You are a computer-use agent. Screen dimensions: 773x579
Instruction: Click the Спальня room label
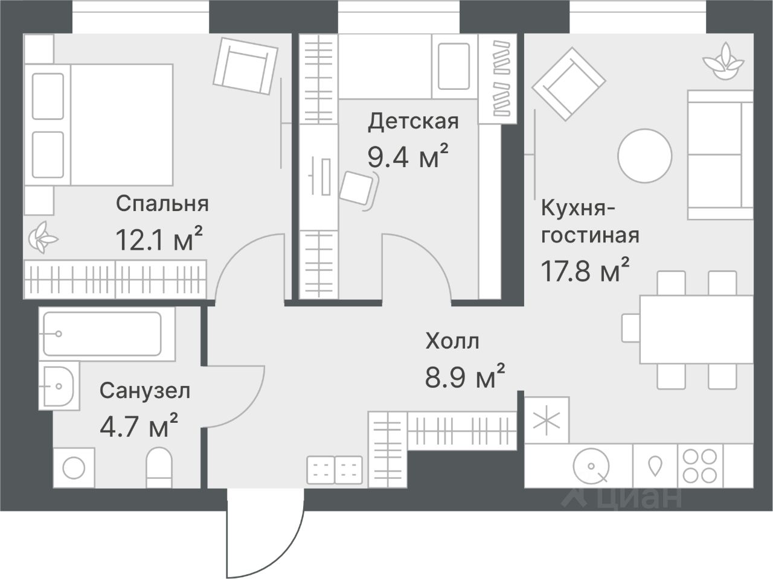(x=162, y=204)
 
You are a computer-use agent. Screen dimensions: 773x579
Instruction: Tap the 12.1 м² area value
(x=159, y=239)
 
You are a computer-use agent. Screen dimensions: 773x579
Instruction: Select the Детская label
(x=414, y=122)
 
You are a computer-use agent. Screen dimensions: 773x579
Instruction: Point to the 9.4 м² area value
(x=408, y=156)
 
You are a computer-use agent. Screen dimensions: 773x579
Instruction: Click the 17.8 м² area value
(x=585, y=270)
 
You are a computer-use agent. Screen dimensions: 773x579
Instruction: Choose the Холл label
(x=452, y=341)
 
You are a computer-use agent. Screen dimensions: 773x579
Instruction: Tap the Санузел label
(x=145, y=391)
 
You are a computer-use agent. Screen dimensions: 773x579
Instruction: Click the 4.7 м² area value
(x=139, y=425)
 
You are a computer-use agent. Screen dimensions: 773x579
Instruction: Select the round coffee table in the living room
(x=645, y=156)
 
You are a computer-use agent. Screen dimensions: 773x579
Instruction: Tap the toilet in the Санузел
(x=159, y=467)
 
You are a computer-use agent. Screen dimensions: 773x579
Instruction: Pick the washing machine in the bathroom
(x=74, y=468)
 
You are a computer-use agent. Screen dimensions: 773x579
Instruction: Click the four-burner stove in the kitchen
(x=700, y=466)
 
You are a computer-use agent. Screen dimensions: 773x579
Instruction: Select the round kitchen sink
(x=591, y=466)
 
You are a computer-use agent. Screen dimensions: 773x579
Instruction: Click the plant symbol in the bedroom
(x=43, y=238)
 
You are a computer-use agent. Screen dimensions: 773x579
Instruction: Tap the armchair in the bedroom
(x=245, y=66)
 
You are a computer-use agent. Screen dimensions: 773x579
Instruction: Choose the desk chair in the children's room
(x=359, y=190)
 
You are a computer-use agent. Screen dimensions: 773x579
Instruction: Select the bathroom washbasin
(x=59, y=387)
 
